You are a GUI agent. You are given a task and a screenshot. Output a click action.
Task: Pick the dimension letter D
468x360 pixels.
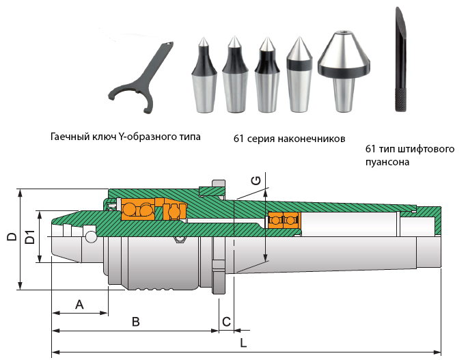click(x=12, y=238)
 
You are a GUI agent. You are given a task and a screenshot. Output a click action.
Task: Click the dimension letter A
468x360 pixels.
click(x=79, y=304)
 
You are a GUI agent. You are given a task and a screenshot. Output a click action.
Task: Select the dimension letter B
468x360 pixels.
click(x=135, y=321)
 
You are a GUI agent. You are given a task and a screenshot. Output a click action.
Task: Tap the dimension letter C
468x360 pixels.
click(x=225, y=321)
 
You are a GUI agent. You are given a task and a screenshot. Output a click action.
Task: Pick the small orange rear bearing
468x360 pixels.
click(x=283, y=221)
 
